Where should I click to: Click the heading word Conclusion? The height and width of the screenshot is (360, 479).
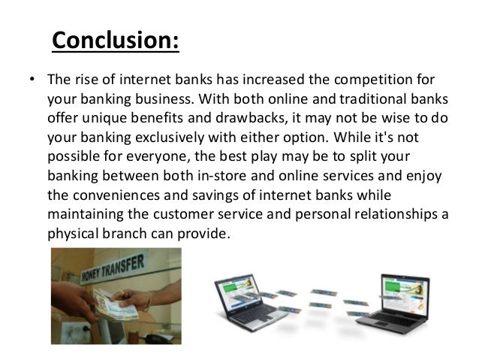[116, 40]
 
